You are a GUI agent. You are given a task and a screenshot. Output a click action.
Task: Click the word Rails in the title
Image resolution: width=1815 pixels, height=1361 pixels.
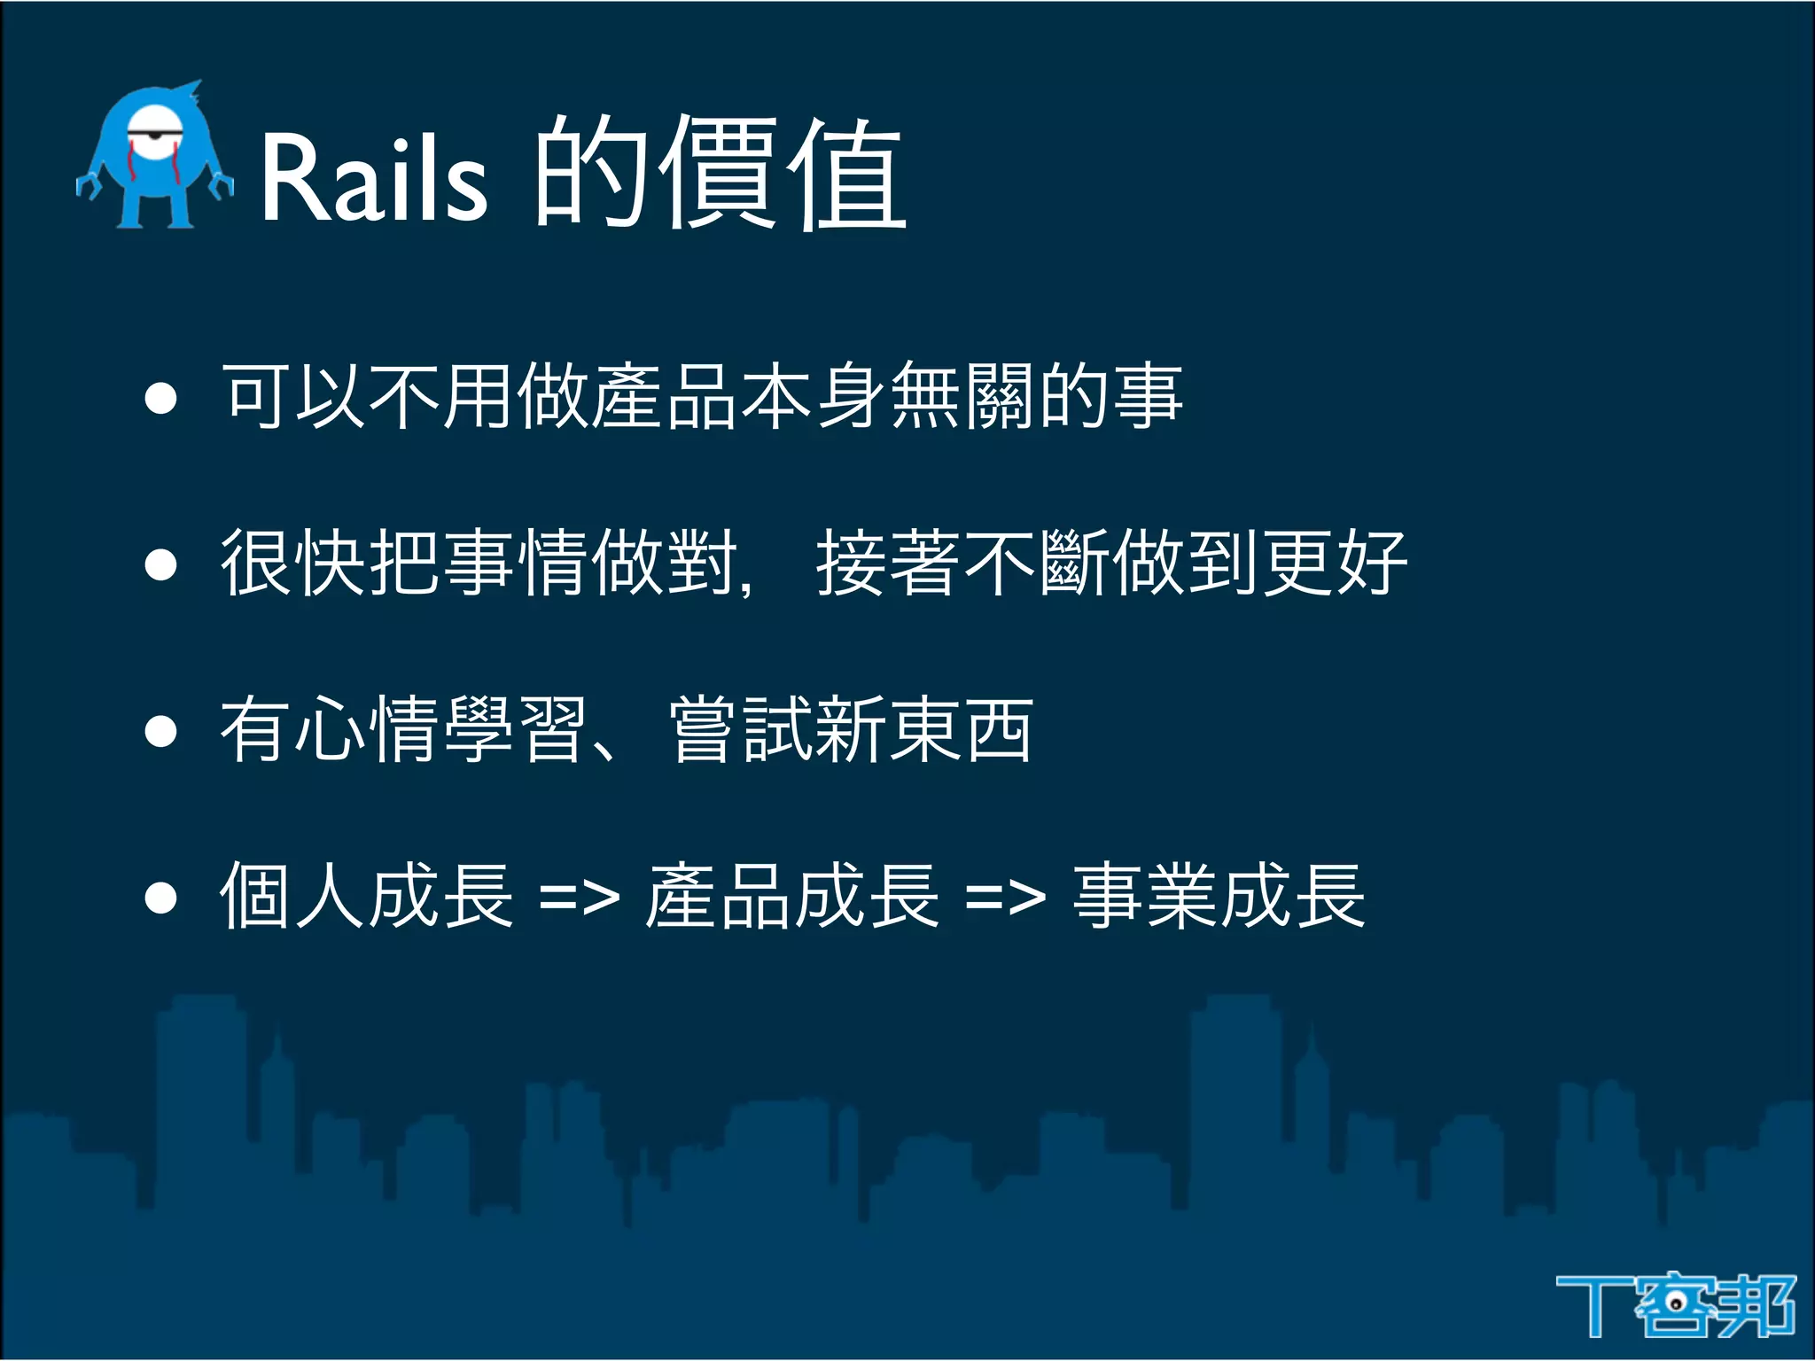click(x=373, y=175)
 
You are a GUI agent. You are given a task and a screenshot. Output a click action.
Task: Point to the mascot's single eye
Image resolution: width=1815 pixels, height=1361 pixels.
click(x=154, y=135)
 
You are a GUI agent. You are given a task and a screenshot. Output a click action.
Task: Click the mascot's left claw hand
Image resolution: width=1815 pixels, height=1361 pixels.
click(x=87, y=185)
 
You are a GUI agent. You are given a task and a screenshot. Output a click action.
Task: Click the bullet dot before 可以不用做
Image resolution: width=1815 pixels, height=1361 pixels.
click(x=160, y=398)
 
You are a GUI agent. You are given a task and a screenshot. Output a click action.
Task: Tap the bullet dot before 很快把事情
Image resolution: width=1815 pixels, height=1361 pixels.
click(x=160, y=564)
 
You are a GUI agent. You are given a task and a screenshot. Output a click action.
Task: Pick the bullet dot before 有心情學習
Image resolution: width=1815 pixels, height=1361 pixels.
click(x=160, y=731)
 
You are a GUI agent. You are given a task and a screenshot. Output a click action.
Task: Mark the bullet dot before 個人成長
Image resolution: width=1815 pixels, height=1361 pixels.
click(x=160, y=897)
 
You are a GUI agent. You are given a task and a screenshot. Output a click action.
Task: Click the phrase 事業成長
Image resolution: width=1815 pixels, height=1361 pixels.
click(x=1219, y=897)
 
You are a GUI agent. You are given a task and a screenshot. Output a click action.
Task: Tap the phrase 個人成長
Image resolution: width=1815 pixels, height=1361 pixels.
click(x=366, y=897)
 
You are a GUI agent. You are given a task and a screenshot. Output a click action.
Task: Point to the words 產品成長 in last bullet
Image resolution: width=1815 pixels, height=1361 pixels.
click(x=792, y=897)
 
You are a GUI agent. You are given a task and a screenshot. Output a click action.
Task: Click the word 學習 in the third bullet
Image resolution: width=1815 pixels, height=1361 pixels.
click(x=514, y=730)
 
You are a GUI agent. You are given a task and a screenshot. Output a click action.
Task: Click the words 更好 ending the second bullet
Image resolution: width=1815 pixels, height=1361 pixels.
click(x=1334, y=564)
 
